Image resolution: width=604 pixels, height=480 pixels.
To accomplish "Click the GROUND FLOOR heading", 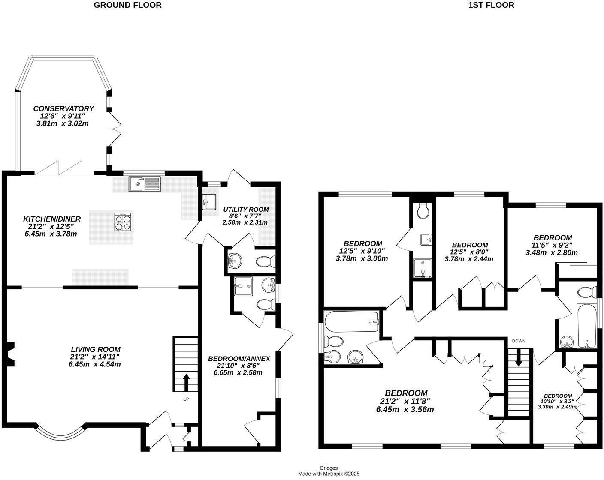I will (x=127, y=5).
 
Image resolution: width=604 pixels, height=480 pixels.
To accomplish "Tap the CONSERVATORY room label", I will (x=63, y=108).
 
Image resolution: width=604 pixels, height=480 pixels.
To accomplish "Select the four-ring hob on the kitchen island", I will (x=122, y=222).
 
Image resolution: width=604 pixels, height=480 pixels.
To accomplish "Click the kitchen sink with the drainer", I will (x=144, y=184).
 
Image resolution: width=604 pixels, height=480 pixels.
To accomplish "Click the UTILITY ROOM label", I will (x=246, y=210).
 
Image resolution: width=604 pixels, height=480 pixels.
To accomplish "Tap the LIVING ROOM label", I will (x=95, y=349).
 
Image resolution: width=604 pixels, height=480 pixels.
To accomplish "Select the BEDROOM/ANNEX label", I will (x=239, y=358).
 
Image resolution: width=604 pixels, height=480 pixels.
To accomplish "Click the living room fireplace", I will (x=12, y=354).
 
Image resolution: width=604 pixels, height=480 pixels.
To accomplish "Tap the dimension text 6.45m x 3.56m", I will (x=405, y=409).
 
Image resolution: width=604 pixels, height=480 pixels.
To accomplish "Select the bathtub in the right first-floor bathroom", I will (x=586, y=325).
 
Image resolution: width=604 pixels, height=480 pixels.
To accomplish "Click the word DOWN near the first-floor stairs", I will (x=518, y=341).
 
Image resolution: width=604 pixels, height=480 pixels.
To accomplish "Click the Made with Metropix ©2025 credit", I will (x=329, y=474).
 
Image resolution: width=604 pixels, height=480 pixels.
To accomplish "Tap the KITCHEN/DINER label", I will (x=51, y=219).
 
